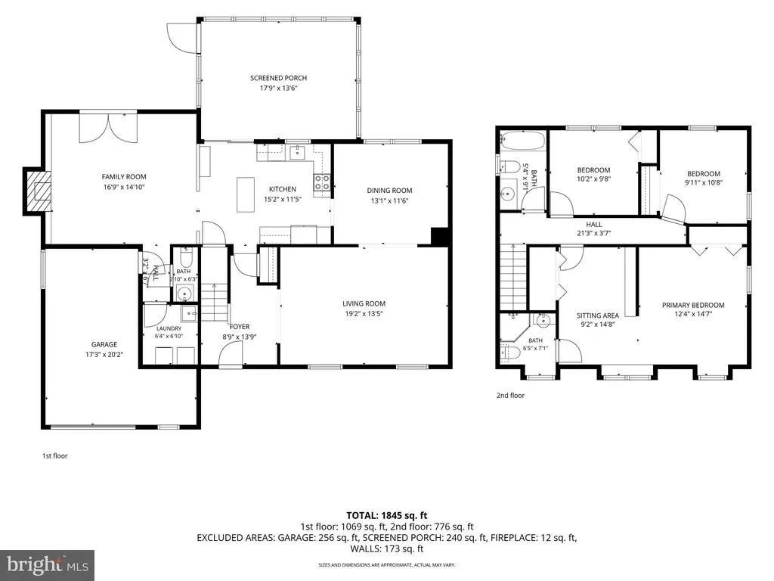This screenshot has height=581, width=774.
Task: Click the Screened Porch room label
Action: coord(278,78)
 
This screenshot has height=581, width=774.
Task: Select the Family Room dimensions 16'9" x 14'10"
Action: coord(124,188)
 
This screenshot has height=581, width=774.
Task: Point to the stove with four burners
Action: coord(322,182)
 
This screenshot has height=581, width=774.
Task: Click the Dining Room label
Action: coord(389,190)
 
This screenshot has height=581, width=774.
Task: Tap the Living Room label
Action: coord(364,303)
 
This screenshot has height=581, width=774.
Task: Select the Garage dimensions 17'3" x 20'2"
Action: coord(104,354)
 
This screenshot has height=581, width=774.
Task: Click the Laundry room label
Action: coord(169,328)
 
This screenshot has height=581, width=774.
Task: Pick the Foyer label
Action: coord(240,327)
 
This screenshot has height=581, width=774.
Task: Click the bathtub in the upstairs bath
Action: coord(522,141)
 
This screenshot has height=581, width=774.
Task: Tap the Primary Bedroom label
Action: coord(693,306)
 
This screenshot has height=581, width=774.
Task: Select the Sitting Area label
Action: coord(598,315)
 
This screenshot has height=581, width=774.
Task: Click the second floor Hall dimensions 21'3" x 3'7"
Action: coord(594,233)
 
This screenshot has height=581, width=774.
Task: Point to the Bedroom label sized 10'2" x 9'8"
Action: coord(593,170)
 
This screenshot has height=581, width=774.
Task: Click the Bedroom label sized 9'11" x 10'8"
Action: coord(704,173)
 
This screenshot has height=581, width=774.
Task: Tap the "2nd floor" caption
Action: coord(510,395)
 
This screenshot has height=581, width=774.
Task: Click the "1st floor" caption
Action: coord(54,456)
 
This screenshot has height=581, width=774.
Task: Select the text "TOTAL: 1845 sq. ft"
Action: coord(386,516)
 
